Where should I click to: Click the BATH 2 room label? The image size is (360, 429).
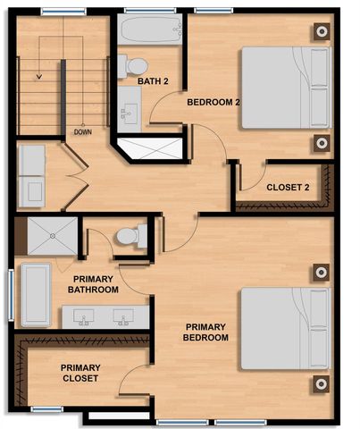[x=154, y=81]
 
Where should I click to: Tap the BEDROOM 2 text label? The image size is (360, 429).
[x=213, y=102]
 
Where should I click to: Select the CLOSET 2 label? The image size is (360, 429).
[x=288, y=188]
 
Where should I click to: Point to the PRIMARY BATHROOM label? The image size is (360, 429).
[x=93, y=283]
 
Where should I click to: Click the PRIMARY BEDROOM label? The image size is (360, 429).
[x=206, y=332]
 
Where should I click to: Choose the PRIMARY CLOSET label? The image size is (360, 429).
[x=80, y=373]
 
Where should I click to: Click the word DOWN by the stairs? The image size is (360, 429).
[x=82, y=132]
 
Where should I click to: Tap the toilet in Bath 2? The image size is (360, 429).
[x=135, y=64]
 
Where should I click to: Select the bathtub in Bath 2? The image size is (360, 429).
[x=148, y=34]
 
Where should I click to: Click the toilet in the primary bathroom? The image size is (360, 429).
[x=130, y=237]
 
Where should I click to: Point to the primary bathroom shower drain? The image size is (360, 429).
[x=53, y=236]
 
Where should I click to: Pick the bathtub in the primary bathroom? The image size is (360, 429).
[x=36, y=294]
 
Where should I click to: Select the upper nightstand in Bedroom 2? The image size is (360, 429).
[x=320, y=30]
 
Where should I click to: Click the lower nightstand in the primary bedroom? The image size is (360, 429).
[x=320, y=384]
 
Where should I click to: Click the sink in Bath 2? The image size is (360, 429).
[x=129, y=113]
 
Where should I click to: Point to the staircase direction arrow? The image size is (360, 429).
[x=38, y=77]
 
